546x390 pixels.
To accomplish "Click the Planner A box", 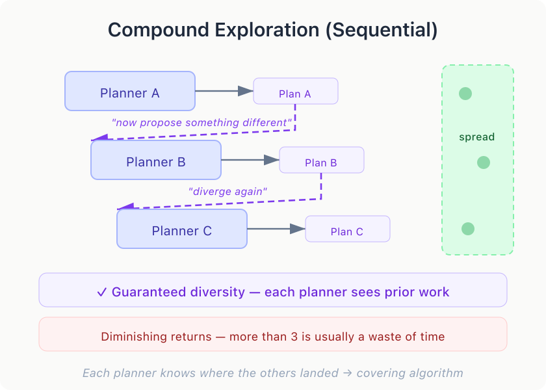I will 130,91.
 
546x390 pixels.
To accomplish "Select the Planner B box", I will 156,160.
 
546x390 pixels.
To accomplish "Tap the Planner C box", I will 182,229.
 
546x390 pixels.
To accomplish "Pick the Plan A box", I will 295,91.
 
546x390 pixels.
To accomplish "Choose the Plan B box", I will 321,160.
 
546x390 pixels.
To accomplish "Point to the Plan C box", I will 347,229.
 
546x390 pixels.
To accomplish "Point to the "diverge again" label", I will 227,191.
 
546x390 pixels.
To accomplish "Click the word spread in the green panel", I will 476,137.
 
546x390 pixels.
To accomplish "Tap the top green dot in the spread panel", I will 465,94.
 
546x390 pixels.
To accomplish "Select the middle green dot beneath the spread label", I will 483,162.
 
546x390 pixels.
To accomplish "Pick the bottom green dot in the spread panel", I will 467,229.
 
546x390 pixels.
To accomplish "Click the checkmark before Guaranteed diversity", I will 101,292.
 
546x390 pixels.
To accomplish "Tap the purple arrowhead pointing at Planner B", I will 99,138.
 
